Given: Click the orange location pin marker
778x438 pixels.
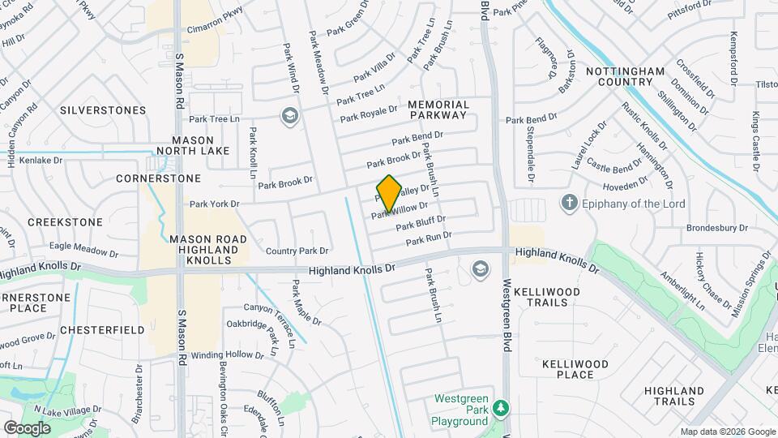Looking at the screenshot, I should click(x=389, y=193).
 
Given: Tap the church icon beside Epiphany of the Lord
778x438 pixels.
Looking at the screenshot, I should click(x=570, y=203).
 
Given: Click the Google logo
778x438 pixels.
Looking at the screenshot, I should click(x=27, y=427).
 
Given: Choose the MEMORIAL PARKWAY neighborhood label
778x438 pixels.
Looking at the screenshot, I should click(x=438, y=109).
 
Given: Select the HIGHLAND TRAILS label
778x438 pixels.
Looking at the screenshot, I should click(x=674, y=396).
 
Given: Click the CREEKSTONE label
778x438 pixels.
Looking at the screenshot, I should click(x=65, y=221).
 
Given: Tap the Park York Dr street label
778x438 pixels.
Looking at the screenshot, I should click(x=215, y=204).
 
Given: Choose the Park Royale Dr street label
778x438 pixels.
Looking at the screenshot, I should click(x=369, y=114).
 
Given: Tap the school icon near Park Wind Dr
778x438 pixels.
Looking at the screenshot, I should click(x=289, y=116).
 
